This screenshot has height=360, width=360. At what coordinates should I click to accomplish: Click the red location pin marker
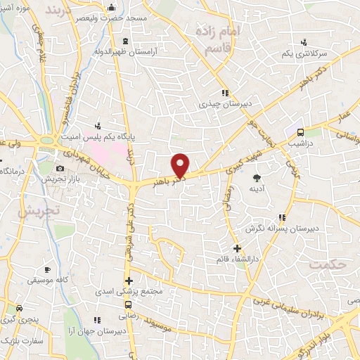181,165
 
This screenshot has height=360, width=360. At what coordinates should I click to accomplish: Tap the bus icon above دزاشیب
301,131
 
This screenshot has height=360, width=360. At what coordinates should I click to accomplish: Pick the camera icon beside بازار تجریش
60,169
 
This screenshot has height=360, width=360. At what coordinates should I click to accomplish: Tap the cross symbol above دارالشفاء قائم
237,248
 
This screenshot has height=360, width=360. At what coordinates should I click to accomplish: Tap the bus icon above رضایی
128,305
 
